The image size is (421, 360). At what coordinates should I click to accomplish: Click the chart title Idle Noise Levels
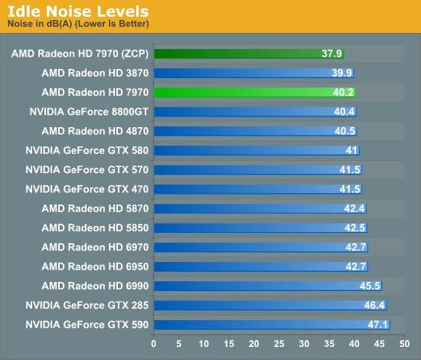[78, 11]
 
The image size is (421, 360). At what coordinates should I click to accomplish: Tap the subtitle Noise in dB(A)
[40, 24]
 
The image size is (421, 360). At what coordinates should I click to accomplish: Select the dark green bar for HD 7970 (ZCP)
[249, 54]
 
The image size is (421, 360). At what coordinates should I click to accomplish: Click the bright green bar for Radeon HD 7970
[255, 93]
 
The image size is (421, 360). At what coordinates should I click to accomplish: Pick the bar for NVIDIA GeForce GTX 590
[272, 325]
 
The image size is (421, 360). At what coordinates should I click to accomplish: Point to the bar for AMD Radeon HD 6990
[268, 286]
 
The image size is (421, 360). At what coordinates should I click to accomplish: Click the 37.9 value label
[331, 54]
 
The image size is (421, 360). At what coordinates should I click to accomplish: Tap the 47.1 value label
[378, 325]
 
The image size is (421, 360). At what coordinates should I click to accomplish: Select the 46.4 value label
[374, 305]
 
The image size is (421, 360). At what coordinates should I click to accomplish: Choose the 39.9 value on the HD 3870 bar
[342, 73]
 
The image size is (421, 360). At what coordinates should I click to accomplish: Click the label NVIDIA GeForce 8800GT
[89, 112]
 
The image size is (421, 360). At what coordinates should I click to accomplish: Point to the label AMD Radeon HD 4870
[95, 131]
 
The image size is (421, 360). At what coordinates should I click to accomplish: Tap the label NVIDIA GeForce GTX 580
[87, 150]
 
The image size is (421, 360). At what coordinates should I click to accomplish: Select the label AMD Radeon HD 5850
[95, 227]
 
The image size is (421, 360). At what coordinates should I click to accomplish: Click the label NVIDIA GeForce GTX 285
[87, 305]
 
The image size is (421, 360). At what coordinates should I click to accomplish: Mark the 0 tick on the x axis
[154, 344]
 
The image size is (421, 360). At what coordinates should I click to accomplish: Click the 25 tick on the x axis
[279, 344]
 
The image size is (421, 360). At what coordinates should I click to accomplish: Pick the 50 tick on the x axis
[404, 344]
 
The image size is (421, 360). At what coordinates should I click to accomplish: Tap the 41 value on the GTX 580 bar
[351, 150]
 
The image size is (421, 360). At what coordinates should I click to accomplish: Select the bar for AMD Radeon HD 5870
[260, 208]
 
